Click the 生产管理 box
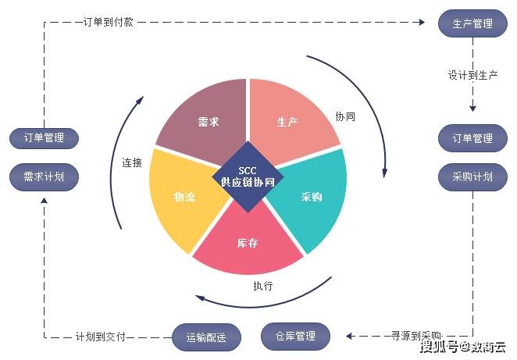pyautogui.click(x=472, y=23)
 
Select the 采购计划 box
pyautogui.click(x=472, y=176)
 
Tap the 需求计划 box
pyautogui.click(x=44, y=176)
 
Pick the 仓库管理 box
pyautogui.click(x=295, y=336)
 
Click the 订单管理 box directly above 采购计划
pyautogui.click(x=472, y=138)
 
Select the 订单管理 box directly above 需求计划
pyautogui.click(x=44, y=138)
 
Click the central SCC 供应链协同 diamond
pyautogui.click(x=248, y=176)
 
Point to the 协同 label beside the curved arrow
pyautogui.click(x=345, y=116)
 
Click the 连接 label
pyautogui.click(x=131, y=163)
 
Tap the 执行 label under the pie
pyautogui.click(x=263, y=286)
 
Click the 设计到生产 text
pyautogui.click(x=472, y=76)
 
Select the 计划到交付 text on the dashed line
pyautogui.click(x=100, y=337)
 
